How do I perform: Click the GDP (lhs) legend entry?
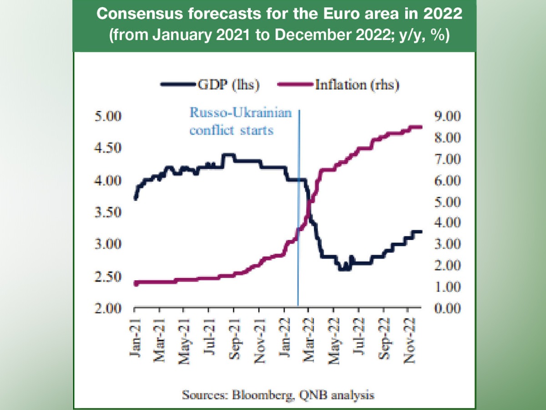pyautogui.click(x=210, y=85)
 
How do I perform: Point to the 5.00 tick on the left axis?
pyautogui.click(x=107, y=116)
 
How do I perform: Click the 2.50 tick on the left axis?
pyautogui.click(x=107, y=277)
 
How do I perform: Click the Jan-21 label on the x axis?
pyautogui.click(x=135, y=334)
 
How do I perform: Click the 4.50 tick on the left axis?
pyautogui.click(x=107, y=148)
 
